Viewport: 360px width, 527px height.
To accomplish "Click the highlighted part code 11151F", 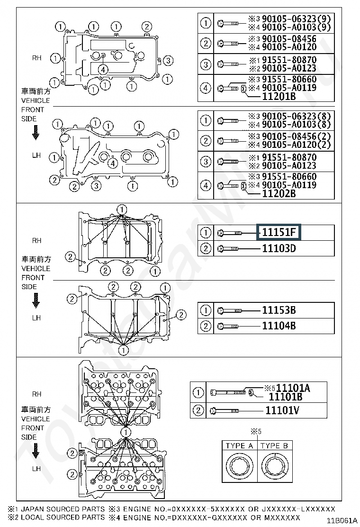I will pyautogui.click(x=279, y=233).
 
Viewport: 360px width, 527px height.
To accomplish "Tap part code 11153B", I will pyautogui.click(x=279, y=310).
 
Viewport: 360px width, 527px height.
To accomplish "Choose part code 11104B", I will pyautogui.click(x=279, y=326).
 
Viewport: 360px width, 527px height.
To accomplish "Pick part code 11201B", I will pyautogui.click(x=279, y=96).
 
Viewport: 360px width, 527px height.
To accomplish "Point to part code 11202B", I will pyautogui.click(x=279, y=193).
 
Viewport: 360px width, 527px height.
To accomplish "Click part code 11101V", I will pyautogui.click(x=282, y=410).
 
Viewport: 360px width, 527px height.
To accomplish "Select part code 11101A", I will pyautogui.click(x=293, y=388).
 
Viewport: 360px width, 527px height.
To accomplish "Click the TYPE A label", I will pyautogui.click(x=239, y=445).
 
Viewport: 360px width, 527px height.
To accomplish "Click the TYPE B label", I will pyautogui.click(x=274, y=445).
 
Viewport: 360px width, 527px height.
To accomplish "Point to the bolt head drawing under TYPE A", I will pyautogui.click(x=239, y=466).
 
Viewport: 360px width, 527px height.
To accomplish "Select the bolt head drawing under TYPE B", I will pyautogui.click(x=275, y=466).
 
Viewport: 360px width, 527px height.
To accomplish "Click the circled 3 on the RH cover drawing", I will pyautogui.click(x=169, y=60).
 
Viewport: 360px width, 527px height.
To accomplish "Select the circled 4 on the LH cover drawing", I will pyautogui.click(x=112, y=164).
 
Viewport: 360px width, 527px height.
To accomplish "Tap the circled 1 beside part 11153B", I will pyautogui.click(x=206, y=311).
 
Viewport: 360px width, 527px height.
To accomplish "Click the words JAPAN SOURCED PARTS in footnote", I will pyautogui.click(x=63, y=509).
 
